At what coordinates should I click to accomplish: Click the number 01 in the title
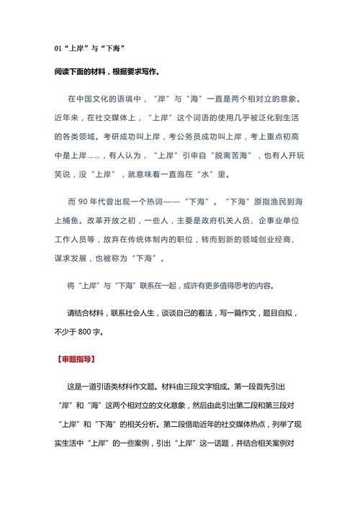(58, 48)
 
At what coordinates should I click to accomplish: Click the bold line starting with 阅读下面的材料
(108, 72)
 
